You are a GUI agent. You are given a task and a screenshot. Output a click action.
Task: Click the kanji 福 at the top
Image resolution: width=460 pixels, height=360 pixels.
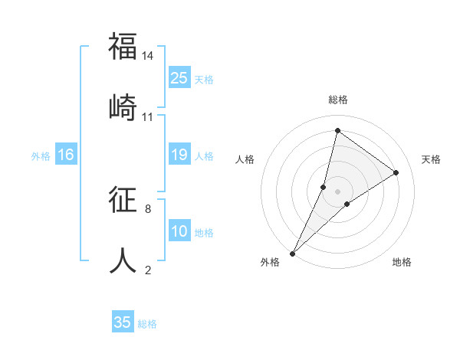click(x=123, y=47)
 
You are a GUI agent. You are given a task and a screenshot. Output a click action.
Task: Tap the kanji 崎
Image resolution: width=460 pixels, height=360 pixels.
click(x=123, y=106)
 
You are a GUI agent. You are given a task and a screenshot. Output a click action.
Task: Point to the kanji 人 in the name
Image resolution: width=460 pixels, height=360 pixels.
click(x=123, y=260)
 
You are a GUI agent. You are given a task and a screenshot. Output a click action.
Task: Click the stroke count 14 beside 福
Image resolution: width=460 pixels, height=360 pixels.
click(x=148, y=56)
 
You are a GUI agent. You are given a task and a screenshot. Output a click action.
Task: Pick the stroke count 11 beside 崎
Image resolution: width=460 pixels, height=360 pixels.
click(x=148, y=117)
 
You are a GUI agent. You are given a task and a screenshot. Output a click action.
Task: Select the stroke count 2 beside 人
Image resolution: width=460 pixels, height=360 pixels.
click(x=148, y=270)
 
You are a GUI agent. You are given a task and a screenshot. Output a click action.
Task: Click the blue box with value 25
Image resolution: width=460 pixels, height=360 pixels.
click(x=179, y=78)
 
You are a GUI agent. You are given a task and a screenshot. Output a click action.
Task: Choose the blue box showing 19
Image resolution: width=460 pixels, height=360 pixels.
click(x=179, y=155)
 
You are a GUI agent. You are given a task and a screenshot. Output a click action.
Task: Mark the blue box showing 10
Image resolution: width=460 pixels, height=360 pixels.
click(x=179, y=231)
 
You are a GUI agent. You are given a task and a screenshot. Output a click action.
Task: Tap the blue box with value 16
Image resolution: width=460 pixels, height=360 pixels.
click(x=66, y=155)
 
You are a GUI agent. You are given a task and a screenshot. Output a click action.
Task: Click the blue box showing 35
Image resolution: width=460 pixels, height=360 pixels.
click(x=123, y=322)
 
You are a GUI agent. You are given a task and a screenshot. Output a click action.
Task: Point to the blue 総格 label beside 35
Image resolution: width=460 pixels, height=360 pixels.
click(x=147, y=324)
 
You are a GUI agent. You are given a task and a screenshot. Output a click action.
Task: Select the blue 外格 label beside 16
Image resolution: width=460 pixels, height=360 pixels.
click(x=41, y=156)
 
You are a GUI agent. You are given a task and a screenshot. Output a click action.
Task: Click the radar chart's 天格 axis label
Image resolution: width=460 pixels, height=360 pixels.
click(x=431, y=159)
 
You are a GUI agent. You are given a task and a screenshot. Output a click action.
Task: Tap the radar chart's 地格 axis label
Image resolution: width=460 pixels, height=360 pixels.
click(x=402, y=262)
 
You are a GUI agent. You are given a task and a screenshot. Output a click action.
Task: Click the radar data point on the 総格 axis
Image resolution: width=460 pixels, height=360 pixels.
click(x=337, y=131)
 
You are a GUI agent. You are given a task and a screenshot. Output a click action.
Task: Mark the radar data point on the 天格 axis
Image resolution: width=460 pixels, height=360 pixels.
click(x=396, y=172)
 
